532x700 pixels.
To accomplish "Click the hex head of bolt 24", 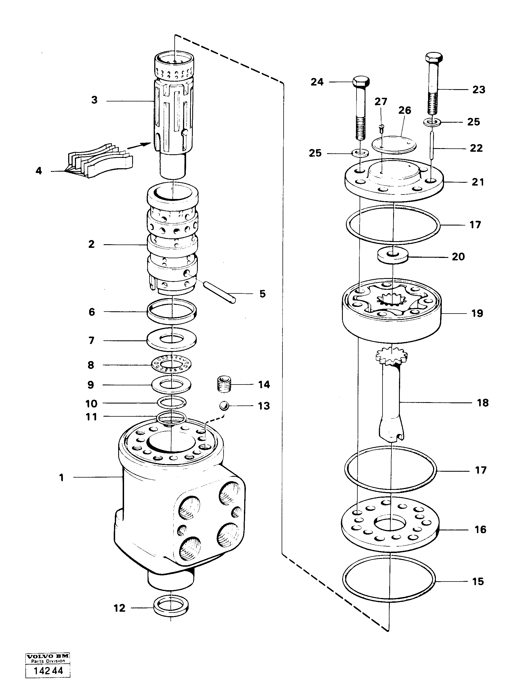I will [361, 81].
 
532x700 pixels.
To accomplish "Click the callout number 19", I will [477, 313].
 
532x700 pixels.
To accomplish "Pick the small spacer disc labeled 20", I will [393, 256].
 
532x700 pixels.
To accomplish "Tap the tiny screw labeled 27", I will [381, 128].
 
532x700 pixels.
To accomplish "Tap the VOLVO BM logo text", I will [47, 656].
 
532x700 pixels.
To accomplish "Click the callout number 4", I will [39, 171].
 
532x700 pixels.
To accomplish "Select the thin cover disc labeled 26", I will [393, 144].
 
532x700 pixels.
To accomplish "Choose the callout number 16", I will [480, 529].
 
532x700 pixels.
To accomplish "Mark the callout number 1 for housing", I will [61, 477].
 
